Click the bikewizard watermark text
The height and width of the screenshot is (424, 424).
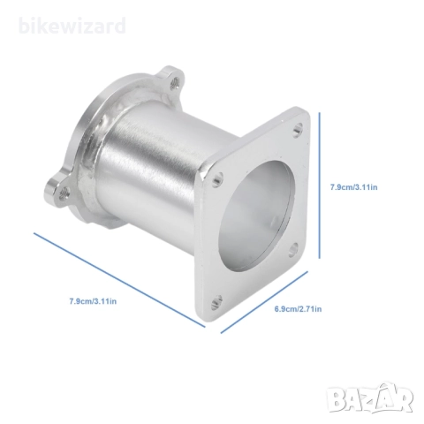click(x=72, y=26)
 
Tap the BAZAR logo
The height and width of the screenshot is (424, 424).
click(x=371, y=398)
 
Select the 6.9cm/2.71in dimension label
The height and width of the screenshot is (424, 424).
click(x=298, y=309)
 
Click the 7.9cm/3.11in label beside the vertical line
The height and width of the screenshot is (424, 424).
click(x=353, y=187)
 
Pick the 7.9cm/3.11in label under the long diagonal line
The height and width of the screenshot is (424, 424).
click(x=93, y=301)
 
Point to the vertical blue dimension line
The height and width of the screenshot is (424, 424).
click(x=320, y=185)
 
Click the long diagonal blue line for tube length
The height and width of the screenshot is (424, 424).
click(x=119, y=280)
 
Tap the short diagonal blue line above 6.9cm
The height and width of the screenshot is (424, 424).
click(x=264, y=302)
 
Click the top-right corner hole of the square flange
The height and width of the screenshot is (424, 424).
click(x=298, y=129)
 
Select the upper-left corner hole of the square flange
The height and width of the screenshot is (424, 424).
click(x=217, y=179)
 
